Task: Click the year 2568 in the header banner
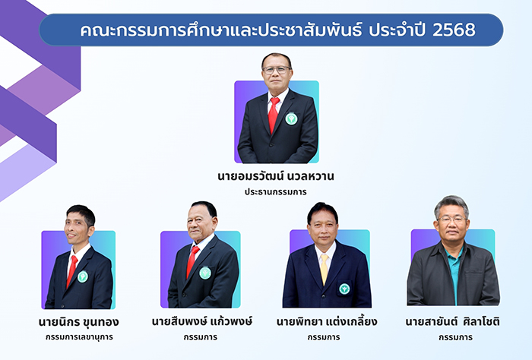454,30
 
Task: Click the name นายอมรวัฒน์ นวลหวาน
276,176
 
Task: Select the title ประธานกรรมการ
275,192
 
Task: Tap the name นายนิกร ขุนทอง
79,322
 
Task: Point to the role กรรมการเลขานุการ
79,337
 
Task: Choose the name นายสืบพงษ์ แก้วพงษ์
202,321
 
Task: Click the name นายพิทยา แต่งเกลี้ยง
327,321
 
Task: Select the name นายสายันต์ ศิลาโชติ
453,321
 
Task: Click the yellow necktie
325,269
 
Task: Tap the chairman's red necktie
274,115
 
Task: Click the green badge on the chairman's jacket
291,118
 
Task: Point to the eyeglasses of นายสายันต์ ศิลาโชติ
452,219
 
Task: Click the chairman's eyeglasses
277,70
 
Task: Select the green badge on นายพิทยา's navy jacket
344,289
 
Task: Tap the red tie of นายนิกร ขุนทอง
72,271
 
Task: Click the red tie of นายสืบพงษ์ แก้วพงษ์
192,261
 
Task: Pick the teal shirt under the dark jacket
454,271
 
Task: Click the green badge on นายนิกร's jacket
83,276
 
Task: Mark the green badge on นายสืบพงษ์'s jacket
205,273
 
